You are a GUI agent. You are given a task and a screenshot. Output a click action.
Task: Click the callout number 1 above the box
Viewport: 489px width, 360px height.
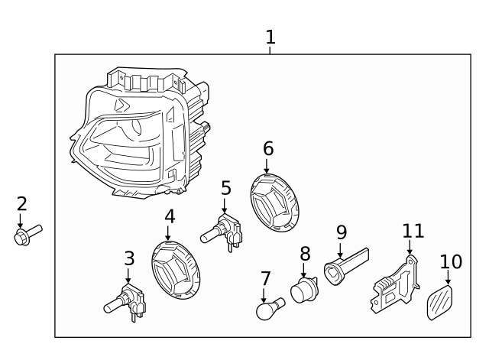pyautogui.click(x=270, y=37)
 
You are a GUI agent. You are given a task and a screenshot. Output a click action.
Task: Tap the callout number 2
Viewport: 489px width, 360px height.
pyautogui.click(x=21, y=203)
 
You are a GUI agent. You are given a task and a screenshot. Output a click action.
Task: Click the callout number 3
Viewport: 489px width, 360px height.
pyautogui.click(x=129, y=258)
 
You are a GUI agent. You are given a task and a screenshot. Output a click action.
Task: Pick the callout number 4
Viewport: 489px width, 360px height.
pyautogui.click(x=170, y=216)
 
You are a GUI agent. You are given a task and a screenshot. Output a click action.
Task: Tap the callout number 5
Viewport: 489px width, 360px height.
pyautogui.click(x=225, y=188)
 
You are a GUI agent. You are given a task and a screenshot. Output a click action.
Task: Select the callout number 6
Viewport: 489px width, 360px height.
pyautogui.click(x=267, y=148)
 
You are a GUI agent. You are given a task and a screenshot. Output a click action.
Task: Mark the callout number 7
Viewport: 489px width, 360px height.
pyautogui.click(x=265, y=277)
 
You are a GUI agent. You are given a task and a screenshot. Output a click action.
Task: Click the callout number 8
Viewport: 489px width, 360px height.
pyautogui.click(x=305, y=253)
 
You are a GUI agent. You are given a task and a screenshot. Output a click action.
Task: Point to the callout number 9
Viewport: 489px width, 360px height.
pyautogui.click(x=341, y=232)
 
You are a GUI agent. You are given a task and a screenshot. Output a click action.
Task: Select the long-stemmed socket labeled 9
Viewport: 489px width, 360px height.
pyautogui.click(x=343, y=264)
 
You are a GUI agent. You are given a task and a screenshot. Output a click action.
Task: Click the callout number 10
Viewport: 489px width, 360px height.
pyautogui.click(x=451, y=262)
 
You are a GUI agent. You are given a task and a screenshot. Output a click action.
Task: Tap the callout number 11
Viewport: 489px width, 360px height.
pyautogui.click(x=413, y=231)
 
